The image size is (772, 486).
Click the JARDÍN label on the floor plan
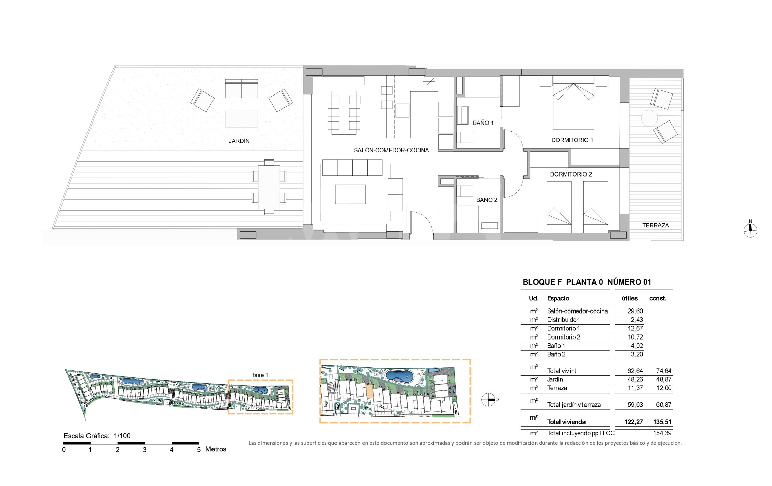pyautogui.click(x=239, y=141)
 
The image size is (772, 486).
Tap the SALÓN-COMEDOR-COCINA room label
pyautogui.click(x=391, y=150)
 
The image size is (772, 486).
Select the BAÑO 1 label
pyautogui.click(x=483, y=123)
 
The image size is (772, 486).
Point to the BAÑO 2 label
pyautogui.click(x=487, y=200)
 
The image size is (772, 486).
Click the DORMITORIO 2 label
pyautogui.click(x=571, y=174)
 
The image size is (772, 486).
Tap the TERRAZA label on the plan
pyautogui.click(x=655, y=225)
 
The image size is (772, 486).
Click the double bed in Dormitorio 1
pyautogui.click(x=573, y=103)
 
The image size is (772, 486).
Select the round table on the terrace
pyautogui.click(x=649, y=118)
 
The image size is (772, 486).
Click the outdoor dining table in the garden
pyautogui.click(x=269, y=187)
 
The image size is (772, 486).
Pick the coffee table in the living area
pyautogui.click(x=350, y=194)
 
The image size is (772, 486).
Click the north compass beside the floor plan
pyautogui.click(x=750, y=230)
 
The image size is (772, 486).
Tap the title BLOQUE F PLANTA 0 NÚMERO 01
pyautogui.click(x=587, y=282)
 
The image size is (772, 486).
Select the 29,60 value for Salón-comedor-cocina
pyautogui.click(x=635, y=311)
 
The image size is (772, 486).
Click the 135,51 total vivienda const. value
pyautogui.click(x=662, y=422)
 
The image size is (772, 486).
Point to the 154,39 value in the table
pyautogui.click(x=663, y=433)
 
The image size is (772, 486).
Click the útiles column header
pyautogui.click(x=629, y=298)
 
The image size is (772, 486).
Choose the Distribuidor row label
pyautogui.click(x=563, y=320)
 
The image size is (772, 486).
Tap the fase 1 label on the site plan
pyautogui.click(x=260, y=375)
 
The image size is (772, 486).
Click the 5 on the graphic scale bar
pyautogui.click(x=199, y=450)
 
